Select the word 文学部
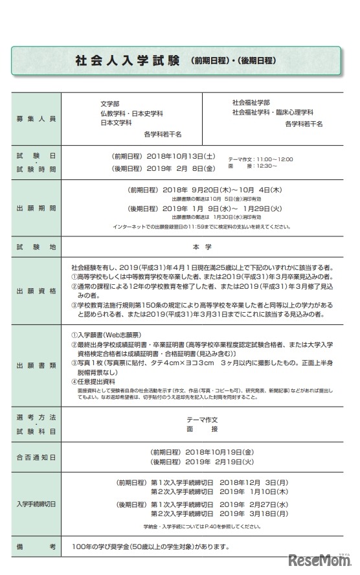(x=102, y=104)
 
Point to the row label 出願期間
(x=37, y=209)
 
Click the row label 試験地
(x=37, y=247)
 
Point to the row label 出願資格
(x=37, y=291)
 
